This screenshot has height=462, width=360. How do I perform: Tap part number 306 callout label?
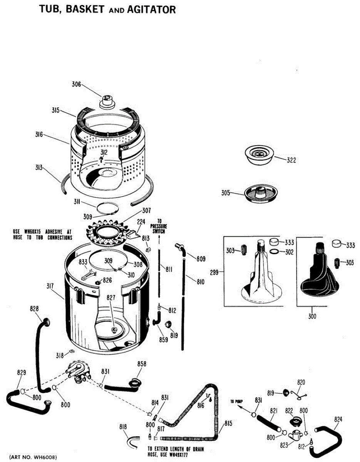76,85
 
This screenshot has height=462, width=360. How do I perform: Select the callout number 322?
291,160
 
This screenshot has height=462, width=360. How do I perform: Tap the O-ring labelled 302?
274,252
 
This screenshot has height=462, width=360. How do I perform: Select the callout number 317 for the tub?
50,286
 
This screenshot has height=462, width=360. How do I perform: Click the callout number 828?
35,309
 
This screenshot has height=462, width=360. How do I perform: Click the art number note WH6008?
33,457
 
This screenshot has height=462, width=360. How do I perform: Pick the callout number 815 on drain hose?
228,423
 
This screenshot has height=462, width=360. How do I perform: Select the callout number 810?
200,282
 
